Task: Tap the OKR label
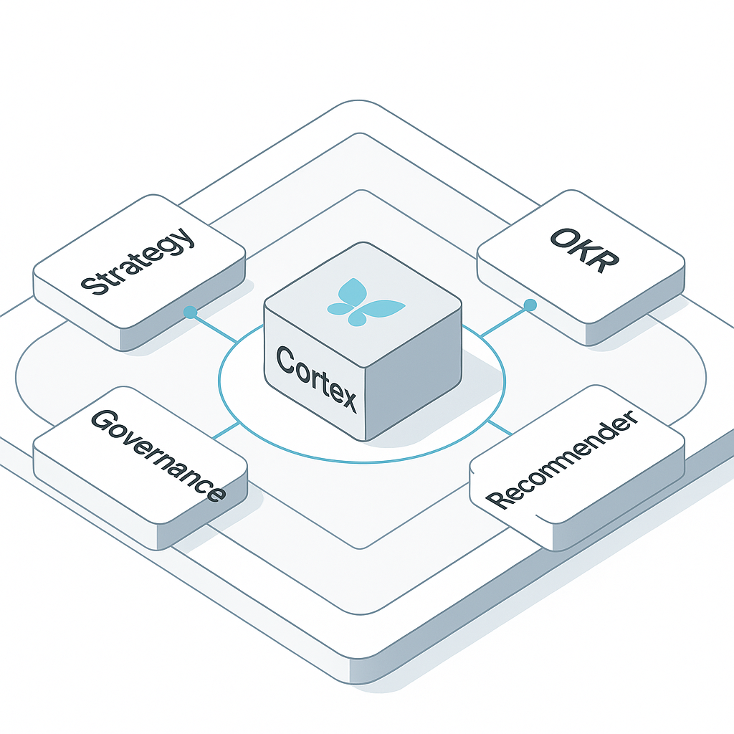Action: pos(582,251)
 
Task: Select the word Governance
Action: pos(158,454)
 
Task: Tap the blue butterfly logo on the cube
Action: pos(365,302)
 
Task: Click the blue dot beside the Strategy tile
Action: pos(190,312)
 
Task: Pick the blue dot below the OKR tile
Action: pos(530,305)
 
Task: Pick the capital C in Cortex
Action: pos(286,359)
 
